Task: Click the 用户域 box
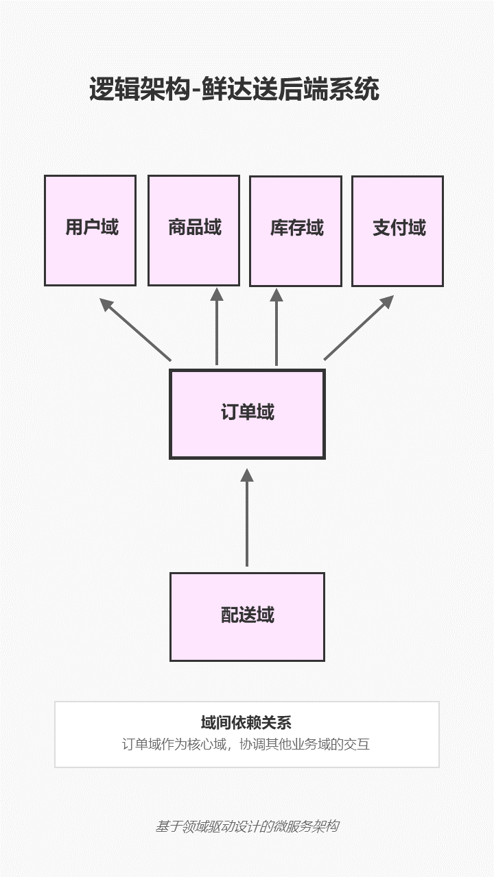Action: pyautogui.click(x=90, y=230)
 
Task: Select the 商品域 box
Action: pyautogui.click(x=193, y=230)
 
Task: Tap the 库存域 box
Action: pyautogui.click(x=295, y=231)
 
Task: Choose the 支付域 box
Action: pyautogui.click(x=397, y=231)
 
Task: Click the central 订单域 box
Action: pyautogui.click(x=247, y=414)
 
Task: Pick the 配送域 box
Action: pyautogui.click(x=247, y=617)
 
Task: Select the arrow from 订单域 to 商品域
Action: pyautogui.click(x=217, y=329)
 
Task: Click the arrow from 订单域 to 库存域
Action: pyautogui.click(x=277, y=329)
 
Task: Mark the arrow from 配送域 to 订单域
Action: pyautogui.click(x=247, y=521)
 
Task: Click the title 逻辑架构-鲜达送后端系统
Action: pyautogui.click(x=234, y=90)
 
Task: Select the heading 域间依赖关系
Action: pyautogui.click(x=246, y=723)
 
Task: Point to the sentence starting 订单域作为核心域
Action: pyautogui.click(x=246, y=744)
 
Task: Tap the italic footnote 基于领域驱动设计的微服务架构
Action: pyautogui.click(x=246, y=826)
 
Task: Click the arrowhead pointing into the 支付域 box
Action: pyautogui.click(x=387, y=301)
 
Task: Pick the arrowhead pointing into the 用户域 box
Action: pyautogui.click(x=106, y=304)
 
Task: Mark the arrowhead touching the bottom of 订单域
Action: pyautogui.click(x=247, y=474)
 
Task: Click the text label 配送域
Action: pyautogui.click(x=247, y=615)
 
